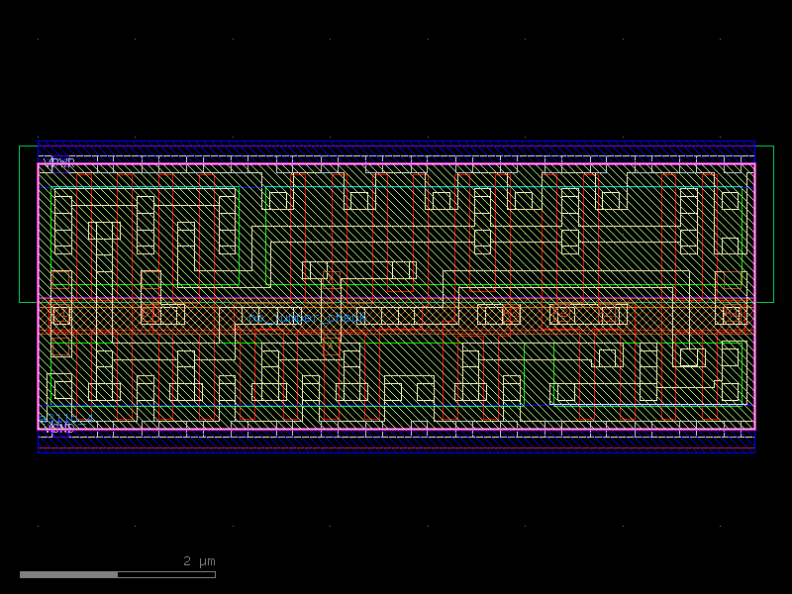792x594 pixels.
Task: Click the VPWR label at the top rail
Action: [59, 161]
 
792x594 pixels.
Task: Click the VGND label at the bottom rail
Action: [59, 428]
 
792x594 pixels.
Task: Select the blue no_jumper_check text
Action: [307, 318]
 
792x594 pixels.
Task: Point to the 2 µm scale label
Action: [199, 561]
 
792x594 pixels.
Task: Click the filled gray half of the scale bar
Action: [68, 574]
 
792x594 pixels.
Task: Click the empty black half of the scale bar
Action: [166, 574]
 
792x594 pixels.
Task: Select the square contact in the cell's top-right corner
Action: [730, 201]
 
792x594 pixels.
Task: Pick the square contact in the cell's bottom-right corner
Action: [730, 391]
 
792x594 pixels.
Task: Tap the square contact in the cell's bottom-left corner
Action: [62, 389]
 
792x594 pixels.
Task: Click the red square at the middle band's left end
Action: [61, 315]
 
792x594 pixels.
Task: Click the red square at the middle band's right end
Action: [731, 315]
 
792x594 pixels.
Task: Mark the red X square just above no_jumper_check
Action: [333, 278]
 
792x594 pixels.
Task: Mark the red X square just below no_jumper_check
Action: [331, 346]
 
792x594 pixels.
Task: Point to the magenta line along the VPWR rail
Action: [396, 164]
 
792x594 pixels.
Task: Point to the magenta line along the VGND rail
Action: [396, 430]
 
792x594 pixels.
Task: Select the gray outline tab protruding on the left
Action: [28, 224]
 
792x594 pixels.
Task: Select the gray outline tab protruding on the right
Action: [764, 224]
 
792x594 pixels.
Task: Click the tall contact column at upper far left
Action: [62, 225]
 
